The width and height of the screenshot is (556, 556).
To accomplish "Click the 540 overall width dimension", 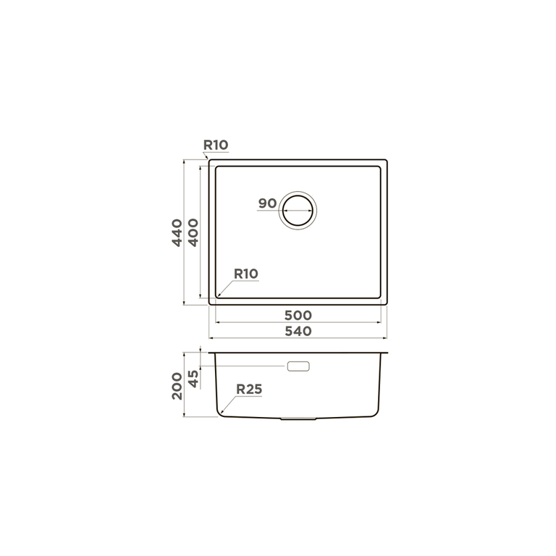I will [x=298, y=332].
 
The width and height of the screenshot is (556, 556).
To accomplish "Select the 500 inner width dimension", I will [x=298, y=316].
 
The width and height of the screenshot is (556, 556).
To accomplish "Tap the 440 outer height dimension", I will [x=177, y=232].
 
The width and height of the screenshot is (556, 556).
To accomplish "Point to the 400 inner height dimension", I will [x=193, y=232].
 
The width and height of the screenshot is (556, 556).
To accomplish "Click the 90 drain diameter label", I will [x=267, y=203].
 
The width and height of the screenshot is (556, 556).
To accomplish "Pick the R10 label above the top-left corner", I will [x=216, y=146].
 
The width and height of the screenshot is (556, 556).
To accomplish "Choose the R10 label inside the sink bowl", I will [x=246, y=274].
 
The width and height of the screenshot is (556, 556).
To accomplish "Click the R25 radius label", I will [x=248, y=389].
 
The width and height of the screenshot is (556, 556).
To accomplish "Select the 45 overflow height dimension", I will [x=193, y=378].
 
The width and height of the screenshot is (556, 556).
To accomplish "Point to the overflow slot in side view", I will [x=298, y=366].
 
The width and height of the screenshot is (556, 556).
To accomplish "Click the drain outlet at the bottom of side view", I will [x=298, y=418].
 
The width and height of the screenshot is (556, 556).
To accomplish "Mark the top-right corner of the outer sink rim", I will [x=386, y=161].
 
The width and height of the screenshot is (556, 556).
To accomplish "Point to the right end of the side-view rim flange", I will [x=389, y=353].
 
